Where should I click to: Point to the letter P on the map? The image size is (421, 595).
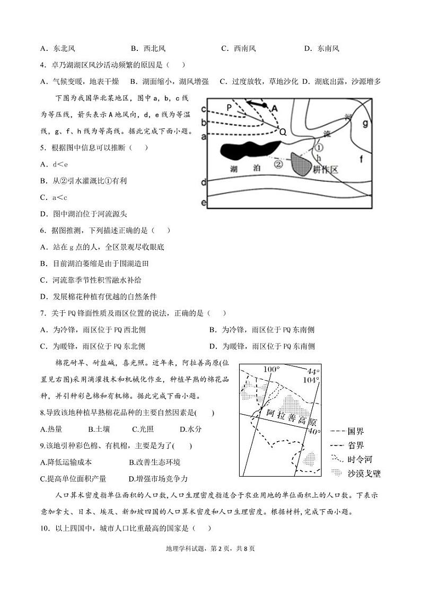click(x=229, y=108)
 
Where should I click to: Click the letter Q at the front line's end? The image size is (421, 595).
click(x=283, y=133)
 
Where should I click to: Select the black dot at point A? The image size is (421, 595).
click(x=265, y=106)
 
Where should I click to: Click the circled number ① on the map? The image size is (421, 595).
click(x=319, y=147)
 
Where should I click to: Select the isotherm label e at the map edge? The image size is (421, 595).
click(x=203, y=203)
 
